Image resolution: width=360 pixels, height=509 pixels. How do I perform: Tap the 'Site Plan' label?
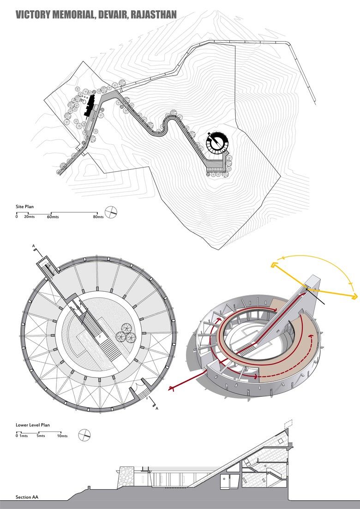tap(24, 207)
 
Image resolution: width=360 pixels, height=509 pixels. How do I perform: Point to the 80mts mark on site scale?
tap(98, 216)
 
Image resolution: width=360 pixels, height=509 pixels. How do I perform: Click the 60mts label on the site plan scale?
tap(52, 216)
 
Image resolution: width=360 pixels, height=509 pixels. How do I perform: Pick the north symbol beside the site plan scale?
tap(111, 213)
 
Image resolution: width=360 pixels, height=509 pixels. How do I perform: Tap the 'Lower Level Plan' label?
tap(33, 425)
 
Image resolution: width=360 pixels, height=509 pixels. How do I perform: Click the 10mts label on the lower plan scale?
tap(62, 436)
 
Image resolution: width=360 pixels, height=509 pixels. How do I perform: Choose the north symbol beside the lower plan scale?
tap(84, 434)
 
